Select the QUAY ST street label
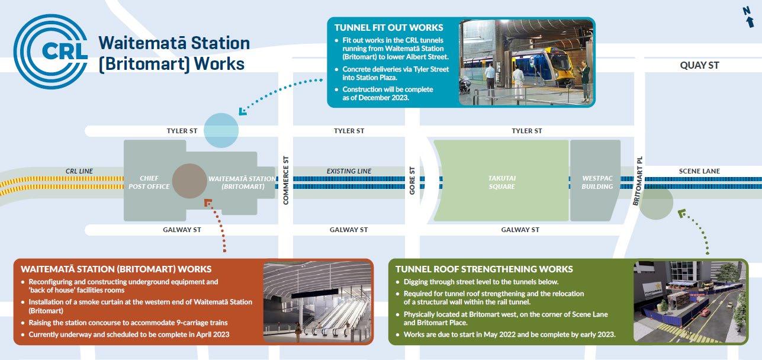699,65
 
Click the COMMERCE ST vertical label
285,181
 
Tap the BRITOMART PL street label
637,181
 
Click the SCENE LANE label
699,171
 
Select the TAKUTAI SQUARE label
501,182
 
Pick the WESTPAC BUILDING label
597,182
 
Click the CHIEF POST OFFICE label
149,182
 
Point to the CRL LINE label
79,171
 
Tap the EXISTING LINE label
349,171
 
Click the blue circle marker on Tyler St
221,130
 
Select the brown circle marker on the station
190,181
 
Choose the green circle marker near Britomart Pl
657,201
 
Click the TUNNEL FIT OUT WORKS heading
388,27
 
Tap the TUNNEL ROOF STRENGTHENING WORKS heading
484,269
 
